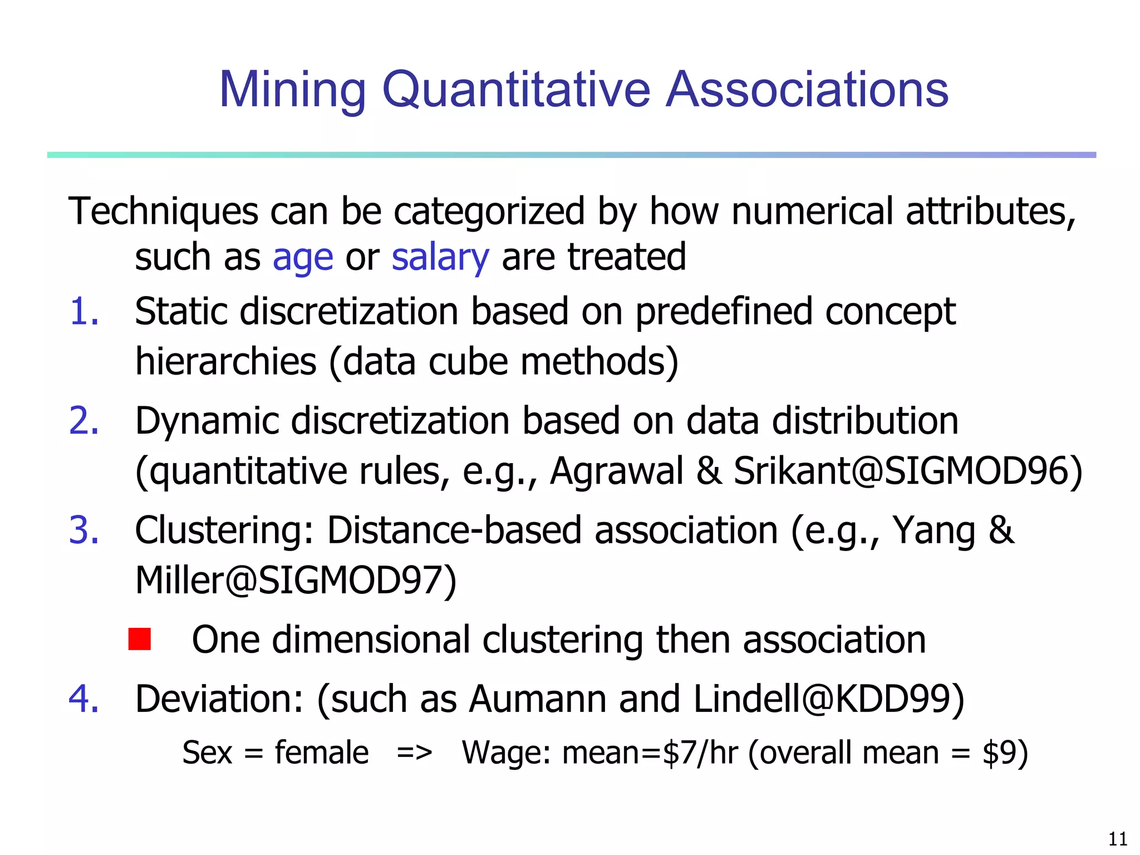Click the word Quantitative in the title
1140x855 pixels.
coord(516,90)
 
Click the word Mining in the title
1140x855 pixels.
coord(293,90)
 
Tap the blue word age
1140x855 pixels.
coord(303,258)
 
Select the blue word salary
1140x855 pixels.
coord(440,258)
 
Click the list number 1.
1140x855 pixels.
coord(84,312)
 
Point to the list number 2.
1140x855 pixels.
coord(84,421)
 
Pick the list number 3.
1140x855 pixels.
coord(84,530)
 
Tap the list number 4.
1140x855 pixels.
coord(84,699)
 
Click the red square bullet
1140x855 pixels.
coord(139,639)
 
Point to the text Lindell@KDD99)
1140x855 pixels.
coord(829,699)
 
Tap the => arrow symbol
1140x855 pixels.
coord(415,753)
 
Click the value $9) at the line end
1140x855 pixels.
coord(1005,753)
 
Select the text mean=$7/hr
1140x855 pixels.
coord(650,753)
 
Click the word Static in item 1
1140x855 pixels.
coord(181,312)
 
